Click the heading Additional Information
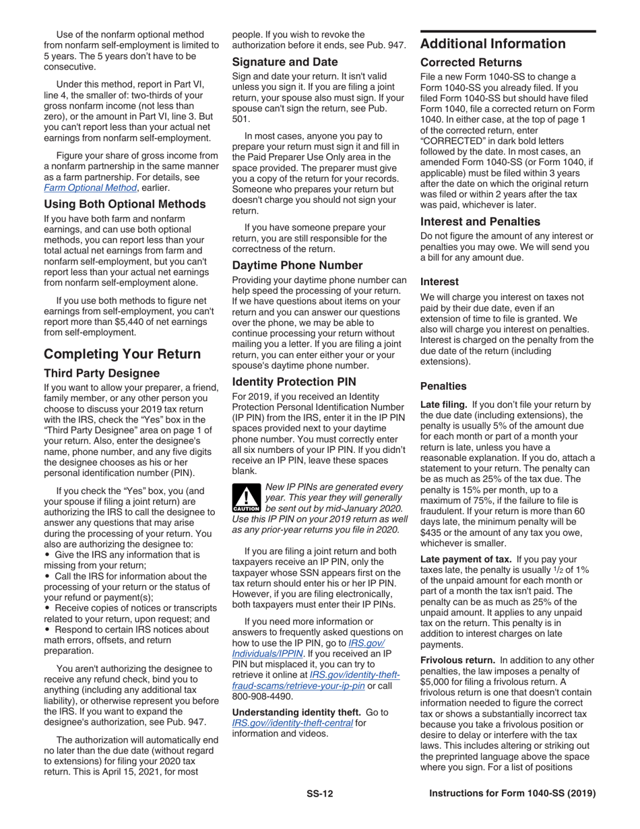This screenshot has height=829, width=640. [492, 44]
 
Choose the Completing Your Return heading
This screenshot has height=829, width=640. [122, 354]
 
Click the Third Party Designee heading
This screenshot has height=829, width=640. [102, 373]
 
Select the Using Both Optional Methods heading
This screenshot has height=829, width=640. [125, 204]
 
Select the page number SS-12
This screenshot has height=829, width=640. [319, 793]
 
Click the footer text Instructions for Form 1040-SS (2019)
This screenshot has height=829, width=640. [512, 793]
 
